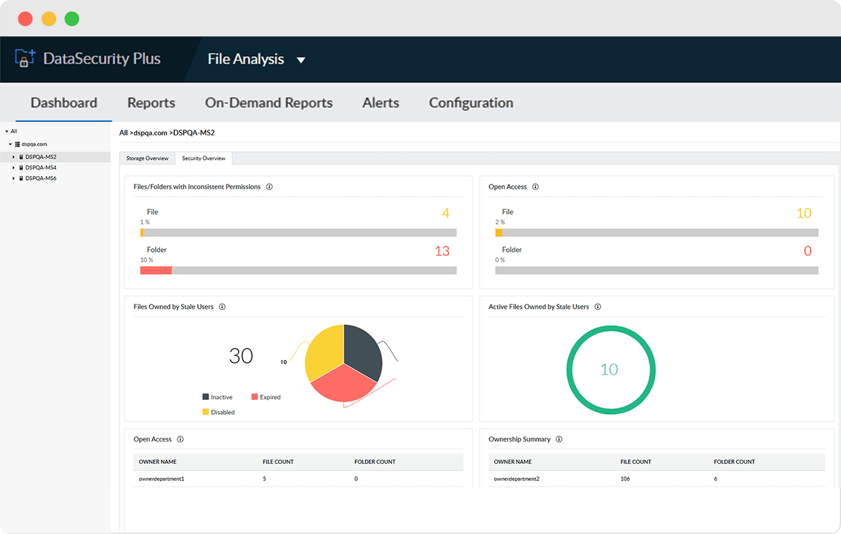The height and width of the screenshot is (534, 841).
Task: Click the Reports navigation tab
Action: pyautogui.click(x=151, y=103)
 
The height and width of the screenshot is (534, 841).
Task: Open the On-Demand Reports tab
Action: pyautogui.click(x=269, y=103)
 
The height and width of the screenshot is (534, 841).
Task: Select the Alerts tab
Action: pyautogui.click(x=381, y=103)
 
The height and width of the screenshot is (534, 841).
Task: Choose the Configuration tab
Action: pyautogui.click(x=471, y=103)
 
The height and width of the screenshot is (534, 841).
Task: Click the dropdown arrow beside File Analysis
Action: pyautogui.click(x=301, y=60)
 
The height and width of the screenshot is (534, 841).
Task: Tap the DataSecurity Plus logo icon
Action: pyautogui.click(x=24, y=59)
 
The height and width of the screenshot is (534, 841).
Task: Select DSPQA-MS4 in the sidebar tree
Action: pyautogui.click(x=41, y=168)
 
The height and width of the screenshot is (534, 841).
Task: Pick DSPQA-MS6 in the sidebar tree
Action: pyautogui.click(x=41, y=179)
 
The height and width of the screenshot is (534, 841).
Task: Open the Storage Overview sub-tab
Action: pyautogui.click(x=147, y=158)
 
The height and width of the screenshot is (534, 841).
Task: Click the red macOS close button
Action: pyautogui.click(x=26, y=19)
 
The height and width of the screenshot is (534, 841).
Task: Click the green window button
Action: pyautogui.click(x=72, y=19)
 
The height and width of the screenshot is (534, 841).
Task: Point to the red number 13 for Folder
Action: pyautogui.click(x=442, y=251)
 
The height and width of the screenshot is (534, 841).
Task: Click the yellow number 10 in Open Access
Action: pyautogui.click(x=804, y=214)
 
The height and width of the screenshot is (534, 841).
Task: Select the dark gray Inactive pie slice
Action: pyautogui.click(x=362, y=348)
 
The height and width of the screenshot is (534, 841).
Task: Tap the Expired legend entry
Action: pyautogui.click(x=266, y=397)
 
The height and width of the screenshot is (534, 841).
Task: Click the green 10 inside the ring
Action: pyautogui.click(x=609, y=369)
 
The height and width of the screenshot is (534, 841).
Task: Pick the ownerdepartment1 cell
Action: pyautogui.click(x=161, y=478)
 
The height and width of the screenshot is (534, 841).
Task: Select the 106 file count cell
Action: pyautogui.click(x=625, y=478)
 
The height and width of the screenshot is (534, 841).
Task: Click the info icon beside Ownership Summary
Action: pyautogui.click(x=559, y=440)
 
